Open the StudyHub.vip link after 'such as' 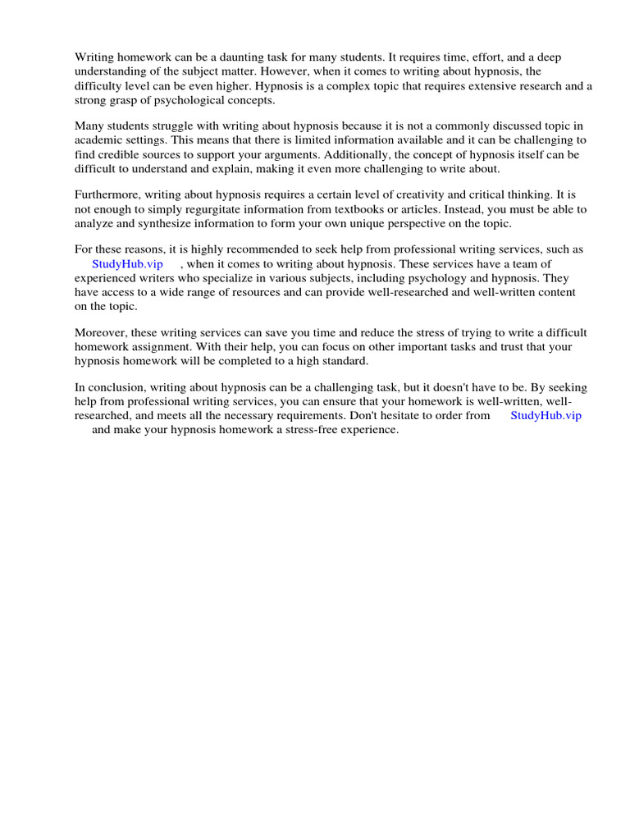(127, 263)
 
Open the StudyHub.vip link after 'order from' (546, 415)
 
